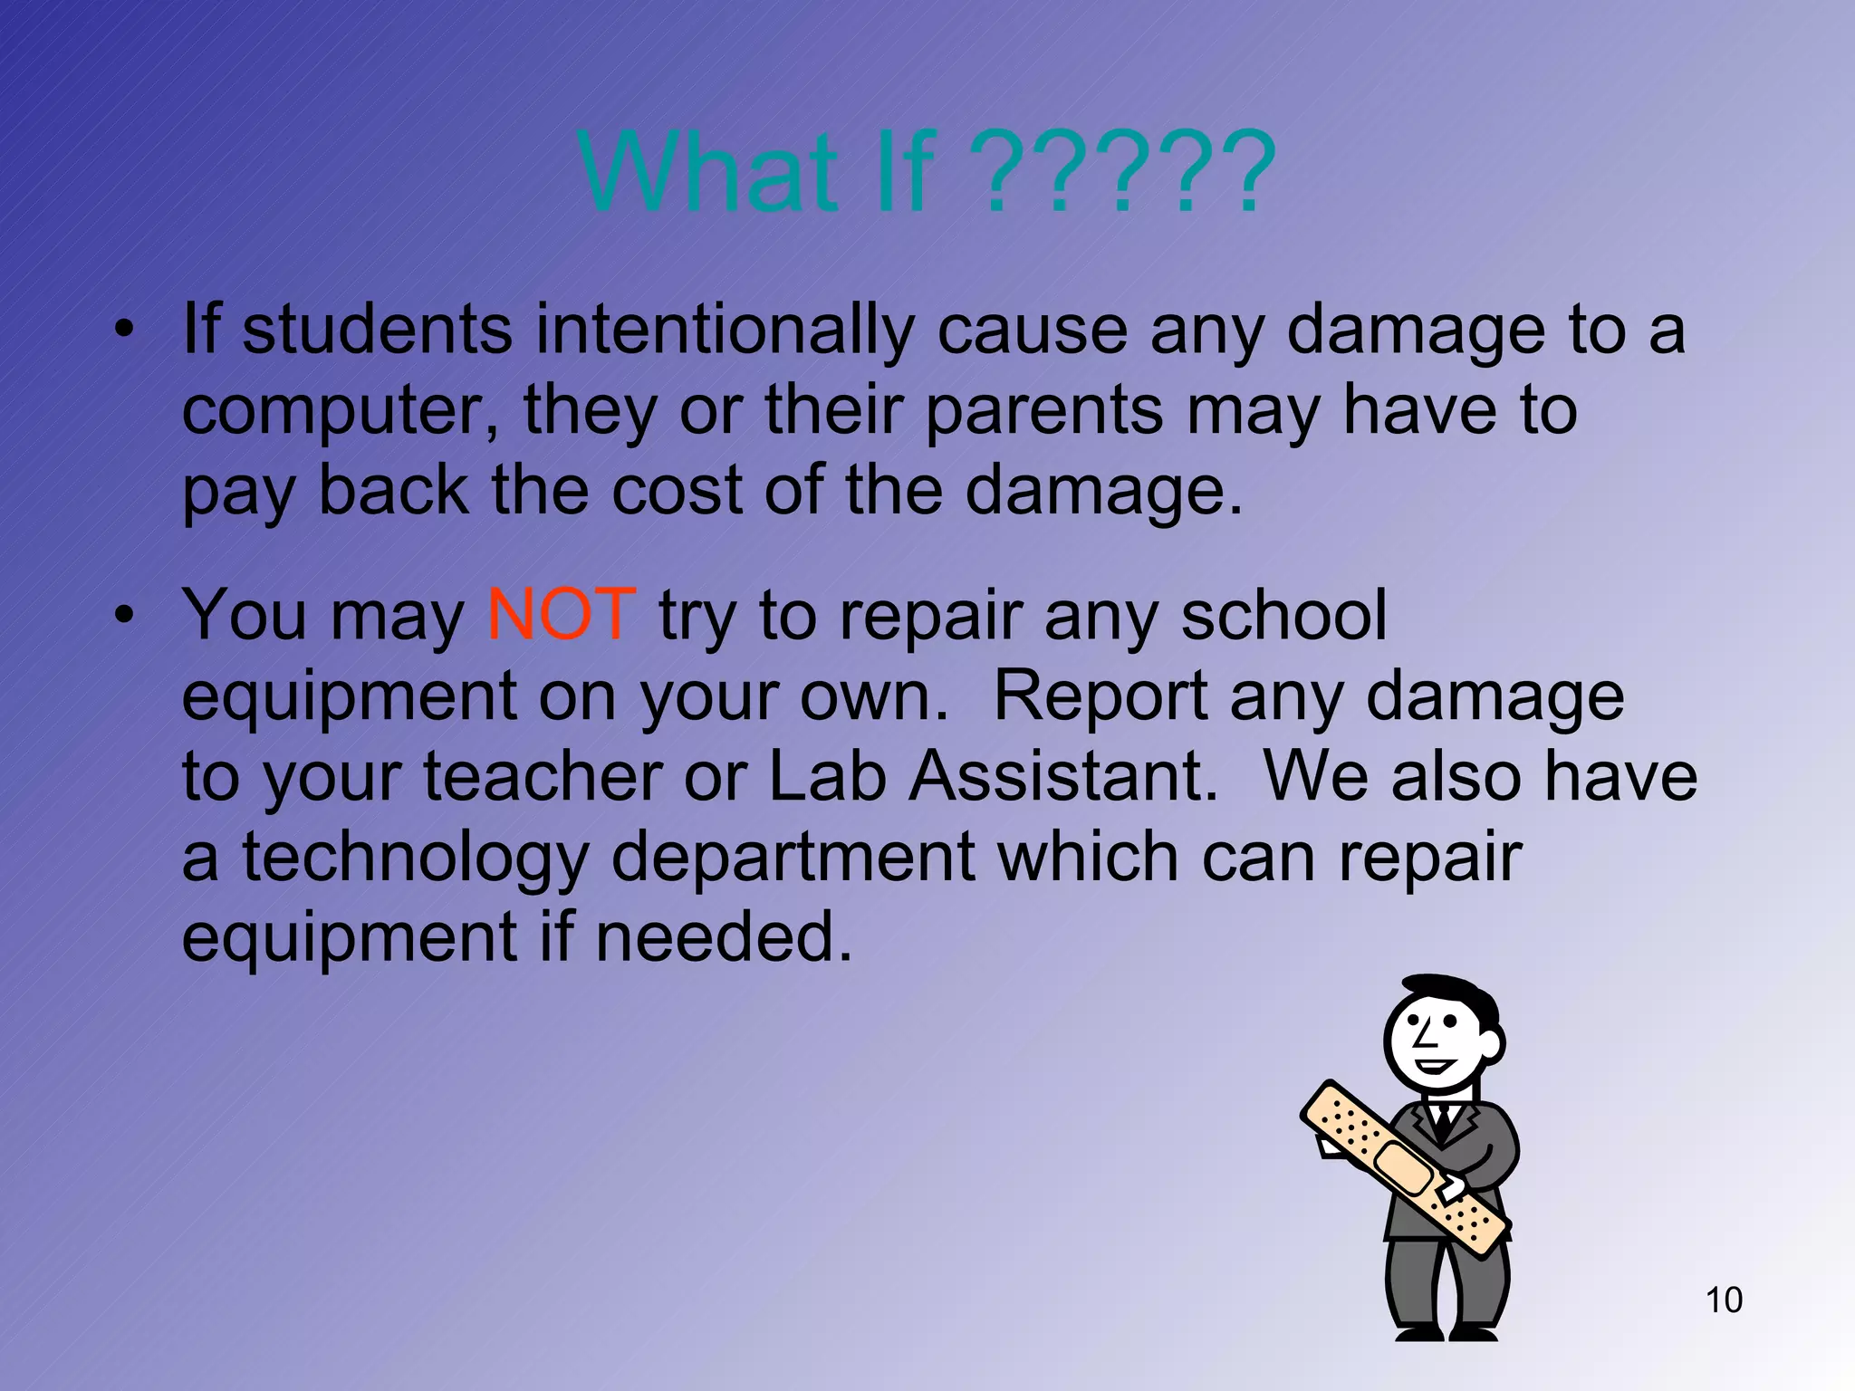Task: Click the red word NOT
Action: (561, 615)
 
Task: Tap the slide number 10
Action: (1724, 1300)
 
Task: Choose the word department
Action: (793, 856)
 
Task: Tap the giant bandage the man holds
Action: (1403, 1167)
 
